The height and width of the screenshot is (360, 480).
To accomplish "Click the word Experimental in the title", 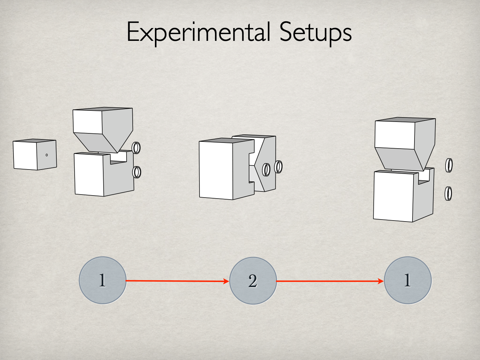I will click(198, 32).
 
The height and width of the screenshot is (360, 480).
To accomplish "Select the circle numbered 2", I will click(253, 281).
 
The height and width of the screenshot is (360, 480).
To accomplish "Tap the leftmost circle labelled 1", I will click(102, 280).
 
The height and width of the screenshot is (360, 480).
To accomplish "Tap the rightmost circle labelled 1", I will click(407, 280).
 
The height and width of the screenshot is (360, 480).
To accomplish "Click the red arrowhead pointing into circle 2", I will click(226, 281).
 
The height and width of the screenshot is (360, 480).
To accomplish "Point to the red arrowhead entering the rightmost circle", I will click(381, 281).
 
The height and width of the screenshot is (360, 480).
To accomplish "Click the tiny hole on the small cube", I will click(47, 155).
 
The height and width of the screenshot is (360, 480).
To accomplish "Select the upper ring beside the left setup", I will click(136, 148).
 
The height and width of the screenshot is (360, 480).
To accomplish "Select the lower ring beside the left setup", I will click(136, 172).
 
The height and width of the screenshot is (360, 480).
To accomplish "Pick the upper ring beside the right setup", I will click(449, 165).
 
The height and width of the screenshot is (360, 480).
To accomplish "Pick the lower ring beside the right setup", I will click(448, 194).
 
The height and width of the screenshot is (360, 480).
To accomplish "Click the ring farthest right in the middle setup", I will click(278, 166).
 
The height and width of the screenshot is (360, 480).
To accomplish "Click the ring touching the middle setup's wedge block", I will click(266, 170).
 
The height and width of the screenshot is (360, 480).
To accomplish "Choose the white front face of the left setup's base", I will click(89, 174).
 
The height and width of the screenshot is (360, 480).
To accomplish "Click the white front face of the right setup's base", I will click(393, 196).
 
